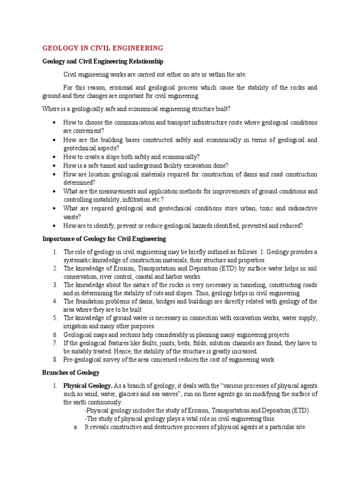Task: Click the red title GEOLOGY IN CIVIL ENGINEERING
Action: click(x=103, y=48)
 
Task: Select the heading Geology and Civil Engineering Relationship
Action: click(x=103, y=61)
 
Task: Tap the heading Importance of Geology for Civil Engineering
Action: click(x=104, y=239)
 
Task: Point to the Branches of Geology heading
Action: click(x=71, y=373)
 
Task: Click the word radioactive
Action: click(x=300, y=209)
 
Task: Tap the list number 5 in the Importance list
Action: click(x=55, y=318)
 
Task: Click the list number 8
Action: click(x=55, y=360)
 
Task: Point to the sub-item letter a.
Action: click(x=76, y=427)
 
